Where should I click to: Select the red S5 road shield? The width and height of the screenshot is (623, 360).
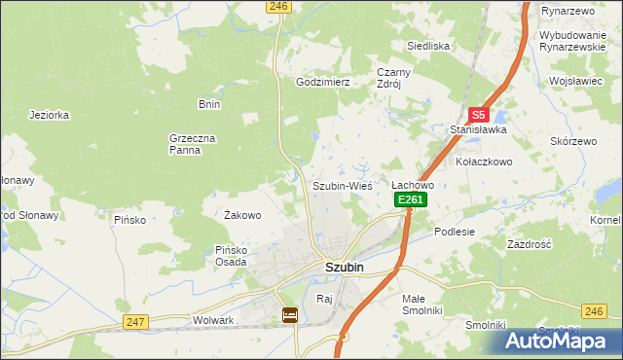(477, 114)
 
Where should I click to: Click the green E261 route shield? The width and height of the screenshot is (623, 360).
(410, 199)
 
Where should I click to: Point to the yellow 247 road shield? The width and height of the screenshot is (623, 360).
(135, 321)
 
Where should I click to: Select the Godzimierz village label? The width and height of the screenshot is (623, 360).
(322, 83)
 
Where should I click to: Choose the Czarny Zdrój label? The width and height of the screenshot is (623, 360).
(396, 77)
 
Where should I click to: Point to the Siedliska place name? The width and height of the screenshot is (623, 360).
(427, 46)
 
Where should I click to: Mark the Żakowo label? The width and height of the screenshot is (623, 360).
(242, 215)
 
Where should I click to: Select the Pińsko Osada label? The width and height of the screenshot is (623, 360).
(231, 255)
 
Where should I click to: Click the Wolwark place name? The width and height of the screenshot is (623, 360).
(214, 319)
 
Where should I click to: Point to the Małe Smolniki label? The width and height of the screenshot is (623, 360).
(422, 304)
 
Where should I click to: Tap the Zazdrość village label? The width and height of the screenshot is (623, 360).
(530, 244)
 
